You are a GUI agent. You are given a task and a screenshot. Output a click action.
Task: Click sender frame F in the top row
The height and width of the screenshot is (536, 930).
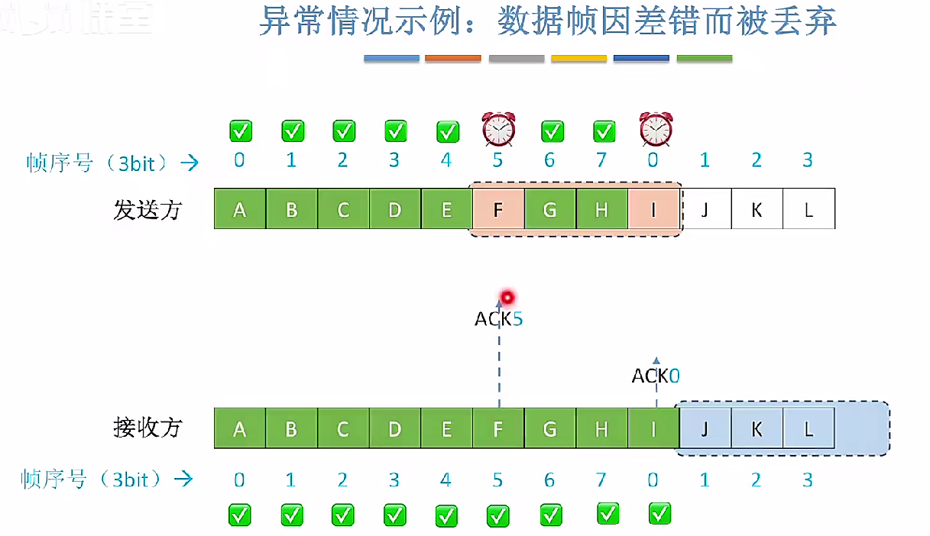[x=498, y=208]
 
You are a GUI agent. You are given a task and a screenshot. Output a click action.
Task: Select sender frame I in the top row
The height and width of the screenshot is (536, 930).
[x=654, y=208]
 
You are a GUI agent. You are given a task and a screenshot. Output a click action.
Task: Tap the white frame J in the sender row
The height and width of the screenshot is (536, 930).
[x=705, y=208]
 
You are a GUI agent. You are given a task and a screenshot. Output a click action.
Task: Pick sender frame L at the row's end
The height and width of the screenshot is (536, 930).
[x=808, y=208]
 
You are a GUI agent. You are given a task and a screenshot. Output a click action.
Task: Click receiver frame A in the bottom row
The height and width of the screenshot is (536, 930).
[x=240, y=428]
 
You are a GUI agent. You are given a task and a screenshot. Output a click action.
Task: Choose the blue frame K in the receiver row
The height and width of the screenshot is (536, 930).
[x=757, y=428]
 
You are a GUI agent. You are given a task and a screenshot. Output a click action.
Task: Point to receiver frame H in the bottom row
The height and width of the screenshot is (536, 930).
[x=601, y=428]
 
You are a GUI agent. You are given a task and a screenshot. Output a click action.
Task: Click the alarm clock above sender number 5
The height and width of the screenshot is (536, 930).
[x=498, y=129]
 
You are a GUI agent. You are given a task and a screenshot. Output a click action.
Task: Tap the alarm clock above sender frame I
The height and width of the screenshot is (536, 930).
[x=656, y=129]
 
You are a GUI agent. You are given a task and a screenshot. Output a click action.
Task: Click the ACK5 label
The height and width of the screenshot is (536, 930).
[x=498, y=318]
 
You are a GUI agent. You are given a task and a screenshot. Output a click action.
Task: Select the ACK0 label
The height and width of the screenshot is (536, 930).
[x=656, y=376]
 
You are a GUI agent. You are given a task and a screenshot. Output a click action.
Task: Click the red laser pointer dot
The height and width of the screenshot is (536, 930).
[x=505, y=297]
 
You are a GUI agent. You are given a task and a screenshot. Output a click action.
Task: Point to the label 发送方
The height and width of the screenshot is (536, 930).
[x=147, y=209]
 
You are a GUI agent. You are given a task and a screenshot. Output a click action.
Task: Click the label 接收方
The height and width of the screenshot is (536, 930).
[x=147, y=428]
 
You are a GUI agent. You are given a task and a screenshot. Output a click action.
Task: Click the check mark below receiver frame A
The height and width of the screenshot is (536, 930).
[x=240, y=515]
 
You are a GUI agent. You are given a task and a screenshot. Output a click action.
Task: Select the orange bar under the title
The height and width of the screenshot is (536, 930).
[x=453, y=58]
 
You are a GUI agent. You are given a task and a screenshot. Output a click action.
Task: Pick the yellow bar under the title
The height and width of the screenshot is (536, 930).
[x=578, y=58]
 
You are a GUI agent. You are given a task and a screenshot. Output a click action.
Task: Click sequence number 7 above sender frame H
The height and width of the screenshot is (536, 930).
[x=601, y=160]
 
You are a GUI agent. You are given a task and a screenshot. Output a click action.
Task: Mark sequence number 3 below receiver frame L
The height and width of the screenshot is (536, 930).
[x=808, y=480]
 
